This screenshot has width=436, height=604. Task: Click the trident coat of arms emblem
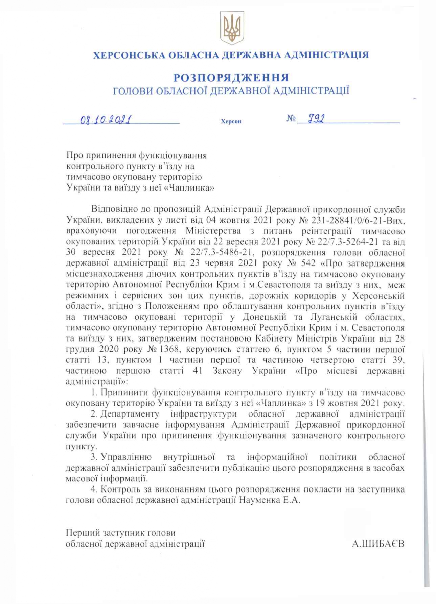pyautogui.click(x=232, y=28)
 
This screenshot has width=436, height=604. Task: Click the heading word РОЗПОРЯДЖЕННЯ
pyautogui.click(x=231, y=78)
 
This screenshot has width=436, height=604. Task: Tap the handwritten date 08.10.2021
pyautogui.click(x=106, y=119)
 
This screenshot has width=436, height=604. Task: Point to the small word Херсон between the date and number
pyautogui.click(x=231, y=121)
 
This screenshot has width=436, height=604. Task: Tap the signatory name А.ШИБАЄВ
pyautogui.click(x=378, y=544)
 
